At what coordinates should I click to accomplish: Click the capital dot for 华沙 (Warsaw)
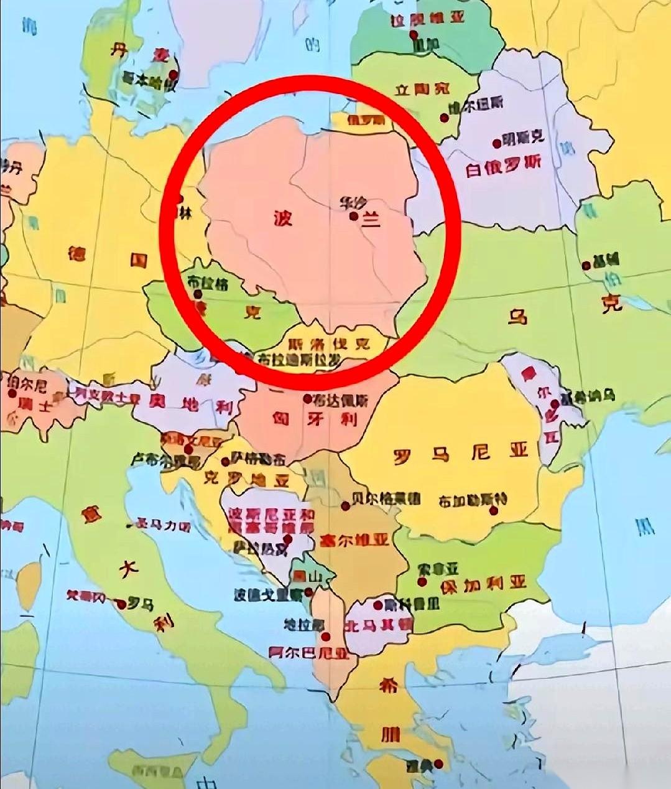tap(353, 216)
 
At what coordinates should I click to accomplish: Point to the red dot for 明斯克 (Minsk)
tap(497, 144)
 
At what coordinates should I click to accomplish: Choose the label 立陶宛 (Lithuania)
tap(422, 88)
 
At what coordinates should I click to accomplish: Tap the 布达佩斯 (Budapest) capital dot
tap(307, 398)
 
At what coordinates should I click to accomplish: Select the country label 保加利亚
tap(483, 584)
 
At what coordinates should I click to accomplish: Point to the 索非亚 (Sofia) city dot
tap(422, 582)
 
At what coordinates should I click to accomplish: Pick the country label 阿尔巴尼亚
tap(308, 652)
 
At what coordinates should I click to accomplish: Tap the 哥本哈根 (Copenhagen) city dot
tap(173, 74)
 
